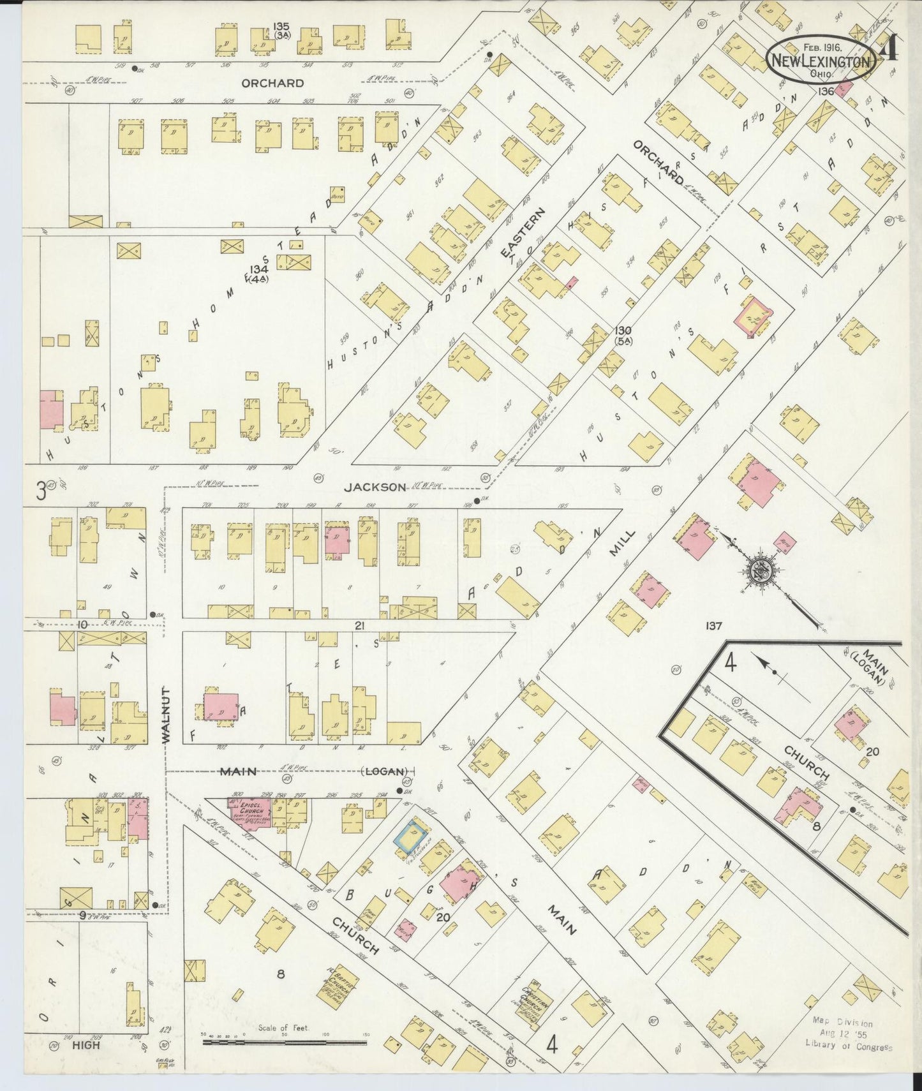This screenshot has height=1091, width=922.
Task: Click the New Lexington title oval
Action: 820,61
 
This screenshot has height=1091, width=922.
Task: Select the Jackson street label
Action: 375,487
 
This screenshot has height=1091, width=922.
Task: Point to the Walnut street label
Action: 166,715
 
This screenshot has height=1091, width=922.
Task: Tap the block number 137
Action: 713,626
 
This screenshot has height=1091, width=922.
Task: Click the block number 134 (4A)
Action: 258,273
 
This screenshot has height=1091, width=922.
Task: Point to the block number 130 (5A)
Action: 623,335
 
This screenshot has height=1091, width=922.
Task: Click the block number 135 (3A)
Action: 281,30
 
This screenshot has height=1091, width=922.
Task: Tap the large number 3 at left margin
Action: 41,490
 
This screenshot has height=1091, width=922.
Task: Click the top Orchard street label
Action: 272,83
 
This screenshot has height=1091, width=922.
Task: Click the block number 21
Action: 359,626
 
